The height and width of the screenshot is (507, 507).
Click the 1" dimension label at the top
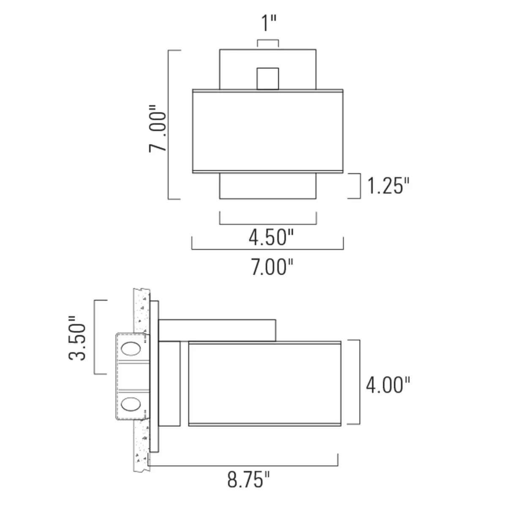click(269, 23)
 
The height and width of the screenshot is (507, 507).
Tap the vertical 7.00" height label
click(158, 129)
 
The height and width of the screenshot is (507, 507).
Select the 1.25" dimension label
click(388, 186)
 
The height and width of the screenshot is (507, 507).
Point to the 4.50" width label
click(271, 237)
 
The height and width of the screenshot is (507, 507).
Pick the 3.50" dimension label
click(77, 338)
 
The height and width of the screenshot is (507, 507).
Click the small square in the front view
click(268, 79)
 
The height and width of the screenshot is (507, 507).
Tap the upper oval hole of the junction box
click(131, 349)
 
